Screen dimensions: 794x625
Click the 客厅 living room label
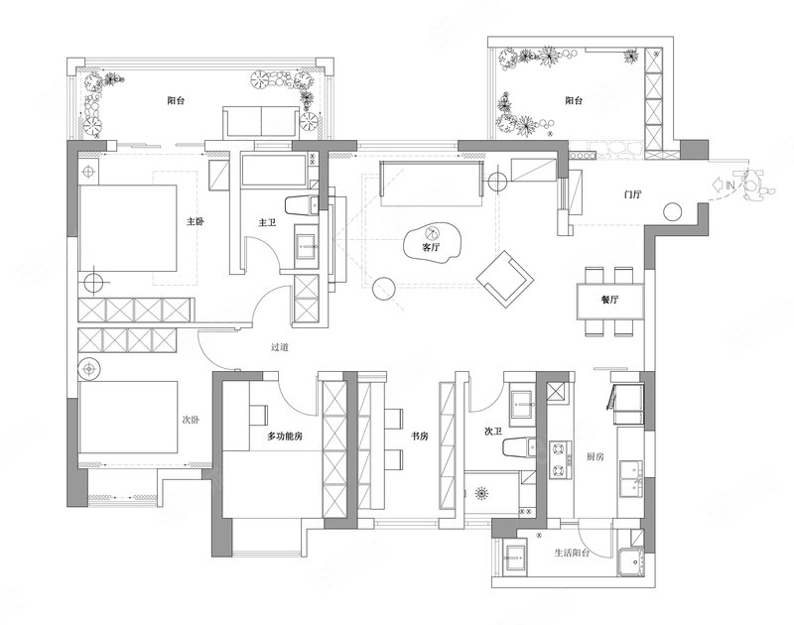pos(431,247)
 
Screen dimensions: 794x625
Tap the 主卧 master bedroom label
pos(196,221)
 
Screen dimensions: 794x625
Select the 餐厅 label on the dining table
pos(609,299)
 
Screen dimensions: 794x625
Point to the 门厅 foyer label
pos(633,193)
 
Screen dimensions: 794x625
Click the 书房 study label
pos(420,436)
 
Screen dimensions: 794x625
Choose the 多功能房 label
pos(285,436)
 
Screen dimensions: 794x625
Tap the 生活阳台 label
pos(573,553)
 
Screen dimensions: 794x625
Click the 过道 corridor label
pos(280,347)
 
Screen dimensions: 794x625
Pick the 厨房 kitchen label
pos(595,456)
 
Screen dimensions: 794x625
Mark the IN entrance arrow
pos(724,186)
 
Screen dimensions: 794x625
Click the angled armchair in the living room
pos(505,279)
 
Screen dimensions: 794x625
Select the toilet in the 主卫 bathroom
pos(303,205)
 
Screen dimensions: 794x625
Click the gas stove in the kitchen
pos(560,460)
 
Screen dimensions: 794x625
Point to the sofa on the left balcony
pos(260,121)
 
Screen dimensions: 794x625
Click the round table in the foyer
pos(673,211)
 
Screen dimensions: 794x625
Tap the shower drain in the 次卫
pos(481,492)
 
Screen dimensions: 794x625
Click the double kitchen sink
pos(631,479)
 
